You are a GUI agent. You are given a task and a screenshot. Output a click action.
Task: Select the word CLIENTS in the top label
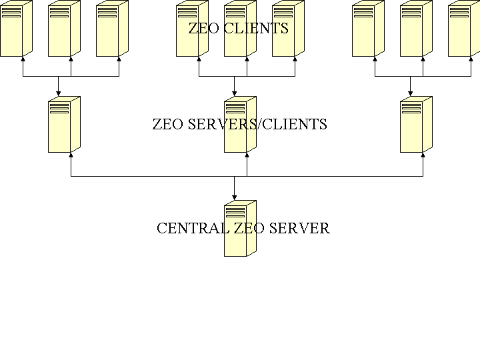[x=257, y=29]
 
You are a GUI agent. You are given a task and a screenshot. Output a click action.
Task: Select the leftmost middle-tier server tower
[x=64, y=125]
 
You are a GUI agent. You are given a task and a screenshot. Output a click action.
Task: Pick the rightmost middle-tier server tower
[x=416, y=125]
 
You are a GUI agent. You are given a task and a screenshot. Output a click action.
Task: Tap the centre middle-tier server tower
[x=240, y=125]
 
